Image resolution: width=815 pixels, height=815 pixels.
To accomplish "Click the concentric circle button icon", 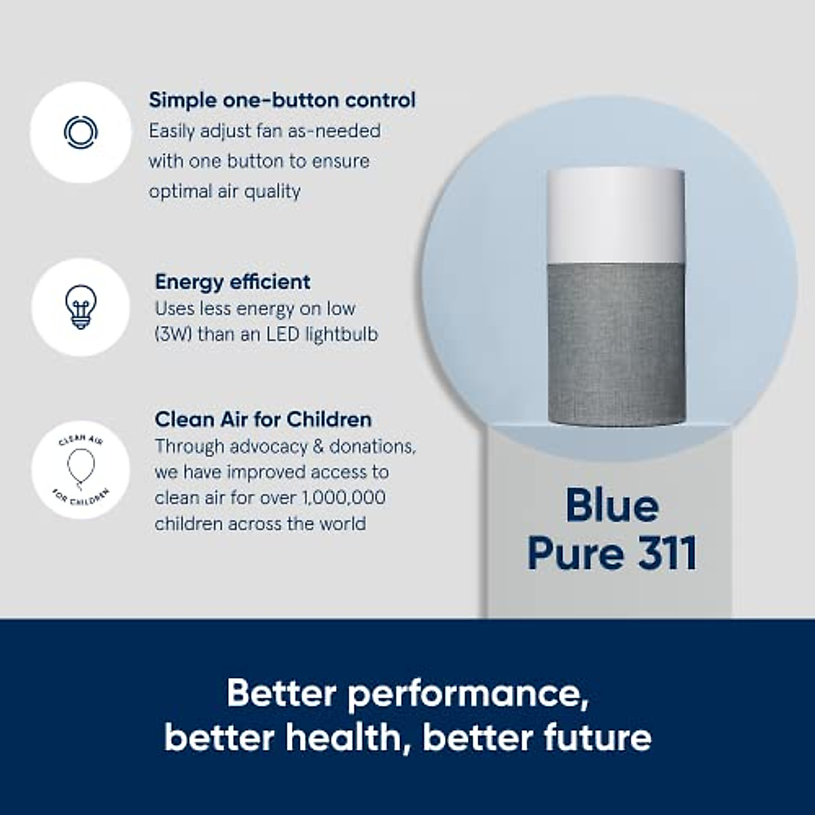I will click(81, 132).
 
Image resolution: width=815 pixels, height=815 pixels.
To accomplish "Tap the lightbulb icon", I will click(80, 307).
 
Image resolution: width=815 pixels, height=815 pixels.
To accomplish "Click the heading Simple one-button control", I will click(282, 100).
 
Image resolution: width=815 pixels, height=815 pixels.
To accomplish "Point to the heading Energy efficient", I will click(232, 281).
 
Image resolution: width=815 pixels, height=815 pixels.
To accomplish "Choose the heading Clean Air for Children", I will click(263, 419).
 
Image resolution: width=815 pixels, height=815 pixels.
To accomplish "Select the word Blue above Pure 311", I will click(611, 506).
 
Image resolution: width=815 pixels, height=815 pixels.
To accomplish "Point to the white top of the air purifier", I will click(615, 213).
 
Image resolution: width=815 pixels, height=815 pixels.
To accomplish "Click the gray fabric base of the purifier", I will click(615, 346).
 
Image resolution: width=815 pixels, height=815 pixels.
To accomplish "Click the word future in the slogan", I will click(596, 738).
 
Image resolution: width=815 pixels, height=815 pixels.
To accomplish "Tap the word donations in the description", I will click(372, 446).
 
